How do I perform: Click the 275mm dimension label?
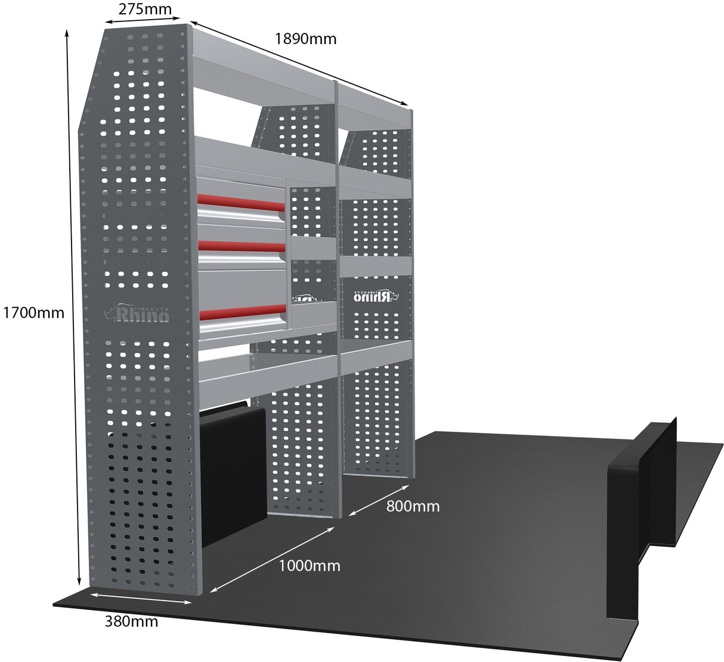coord(145,9)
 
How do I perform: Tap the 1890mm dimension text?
coord(305,39)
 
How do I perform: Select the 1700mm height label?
coord(33,312)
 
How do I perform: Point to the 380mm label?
coord(131,621)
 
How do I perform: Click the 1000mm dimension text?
coord(310,565)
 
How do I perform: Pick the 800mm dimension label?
coord(413,506)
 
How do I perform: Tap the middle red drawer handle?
coord(241,246)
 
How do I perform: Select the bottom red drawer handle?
coord(242,310)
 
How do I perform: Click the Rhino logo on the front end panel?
coord(137,313)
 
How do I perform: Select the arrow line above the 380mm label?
coord(141,598)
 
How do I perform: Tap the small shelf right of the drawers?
coord(314,248)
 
